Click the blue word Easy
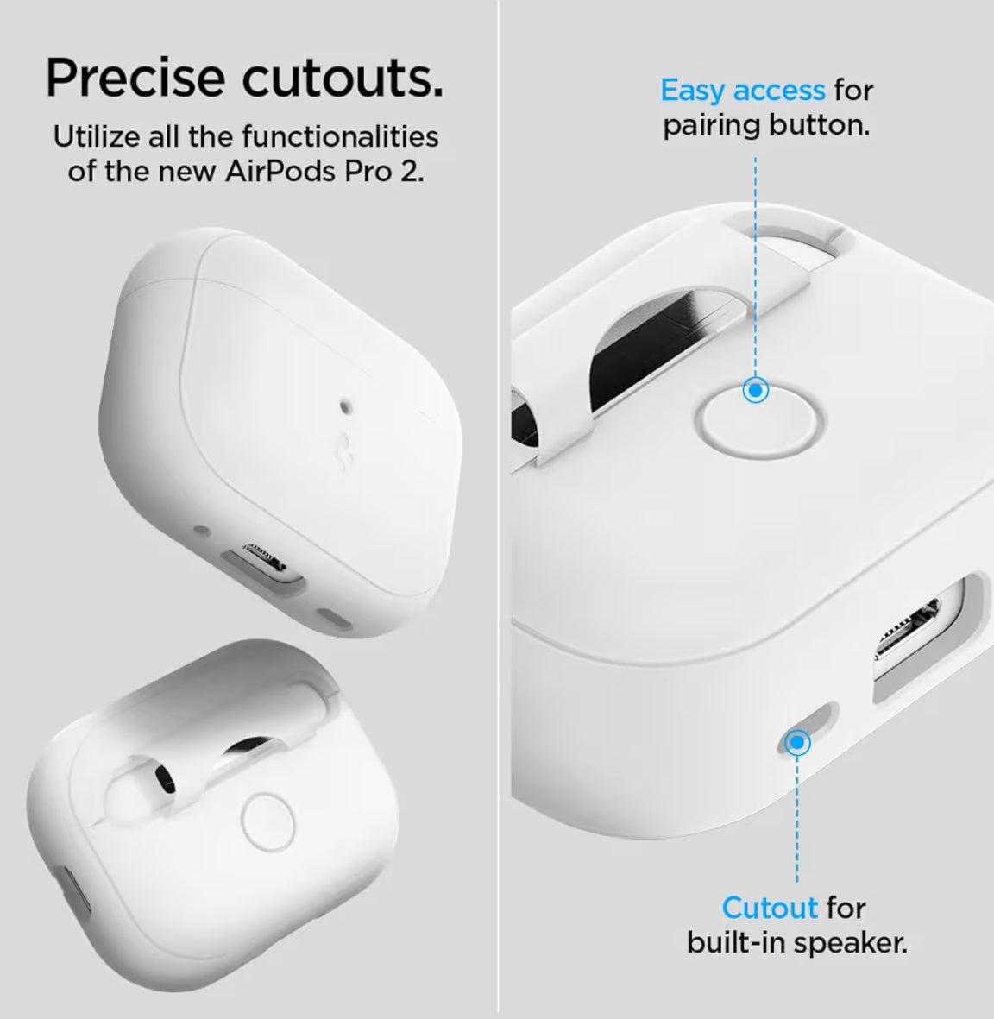coord(695,90)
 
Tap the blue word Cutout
coord(770,908)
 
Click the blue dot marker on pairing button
coord(756,391)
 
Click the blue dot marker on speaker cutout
coord(798,742)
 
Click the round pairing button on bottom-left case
coord(268,820)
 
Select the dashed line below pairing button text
coord(756,259)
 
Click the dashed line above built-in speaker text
coord(798,820)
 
